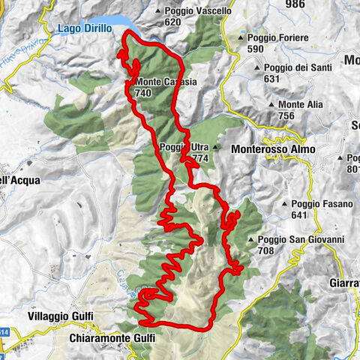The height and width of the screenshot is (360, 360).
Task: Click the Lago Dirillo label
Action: coord(85,28)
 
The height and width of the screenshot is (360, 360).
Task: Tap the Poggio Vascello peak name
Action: coord(196,11)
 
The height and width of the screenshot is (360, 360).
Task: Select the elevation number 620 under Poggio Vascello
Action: coord(174,22)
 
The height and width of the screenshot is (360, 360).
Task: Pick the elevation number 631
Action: coord(271,78)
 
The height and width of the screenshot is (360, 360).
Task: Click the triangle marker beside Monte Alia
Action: coord(271,105)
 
